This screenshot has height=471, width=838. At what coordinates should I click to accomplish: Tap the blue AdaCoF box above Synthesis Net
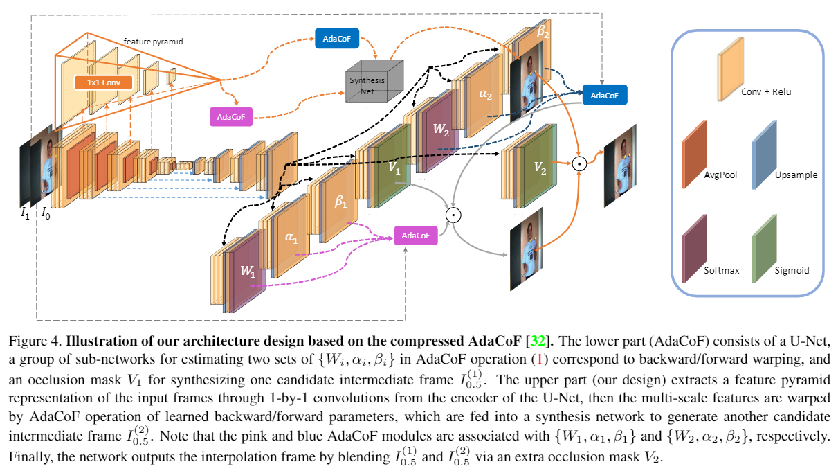[336, 39]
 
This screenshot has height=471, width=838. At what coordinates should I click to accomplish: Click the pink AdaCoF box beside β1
[415, 235]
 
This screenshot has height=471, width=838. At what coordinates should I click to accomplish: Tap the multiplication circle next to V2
[580, 164]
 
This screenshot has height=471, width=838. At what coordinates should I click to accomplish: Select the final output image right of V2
[619, 163]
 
